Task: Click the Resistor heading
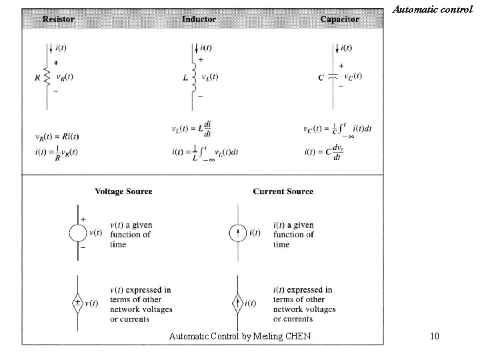[58, 19]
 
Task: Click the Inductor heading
[199, 19]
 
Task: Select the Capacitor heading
[339, 19]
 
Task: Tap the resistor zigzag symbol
[47, 77]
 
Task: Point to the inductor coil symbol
[195, 77]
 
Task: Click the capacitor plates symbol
[335, 77]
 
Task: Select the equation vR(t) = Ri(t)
[57, 137]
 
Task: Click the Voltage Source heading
[123, 191]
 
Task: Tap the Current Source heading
[283, 191]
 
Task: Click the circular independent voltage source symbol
[79, 233]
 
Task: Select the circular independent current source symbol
[238, 233]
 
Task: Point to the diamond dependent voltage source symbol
[79, 303]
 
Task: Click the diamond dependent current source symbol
[238, 303]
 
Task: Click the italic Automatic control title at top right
[433, 9]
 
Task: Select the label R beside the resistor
[37, 77]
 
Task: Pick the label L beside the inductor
[185, 77]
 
